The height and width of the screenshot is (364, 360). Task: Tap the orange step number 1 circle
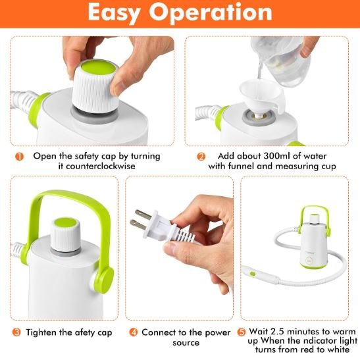[x=20, y=156]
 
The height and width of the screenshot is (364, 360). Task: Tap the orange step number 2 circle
[x=201, y=156]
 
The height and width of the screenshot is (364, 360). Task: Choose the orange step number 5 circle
[x=241, y=332]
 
